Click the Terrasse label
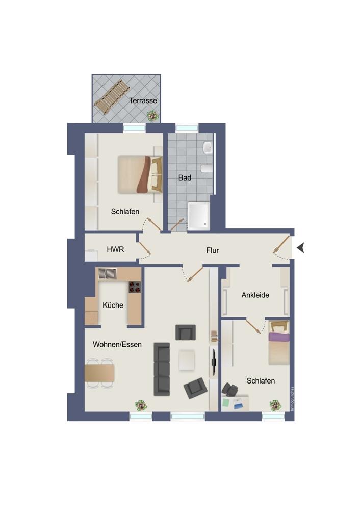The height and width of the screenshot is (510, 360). tap(143, 100)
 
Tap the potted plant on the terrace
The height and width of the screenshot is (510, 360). tap(152, 115)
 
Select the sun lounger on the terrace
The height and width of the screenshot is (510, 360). tap(112, 96)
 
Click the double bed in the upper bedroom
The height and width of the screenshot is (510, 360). tap(140, 174)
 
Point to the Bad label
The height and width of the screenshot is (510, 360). tap(185, 177)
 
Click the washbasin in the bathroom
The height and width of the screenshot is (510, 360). tap(208, 148)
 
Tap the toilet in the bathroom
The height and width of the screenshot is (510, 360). tap(207, 168)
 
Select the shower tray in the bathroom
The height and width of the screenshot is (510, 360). tap(199, 216)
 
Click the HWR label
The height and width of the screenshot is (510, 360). tap(115, 249)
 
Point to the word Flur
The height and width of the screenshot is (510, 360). tap(212, 250)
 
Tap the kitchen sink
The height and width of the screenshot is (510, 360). tap(107, 274)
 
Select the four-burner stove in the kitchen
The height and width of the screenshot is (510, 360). tap(135, 287)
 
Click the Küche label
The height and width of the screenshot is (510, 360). tap(113, 305)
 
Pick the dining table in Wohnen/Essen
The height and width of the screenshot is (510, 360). tap(99, 373)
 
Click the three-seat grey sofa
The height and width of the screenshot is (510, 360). tap(162, 369)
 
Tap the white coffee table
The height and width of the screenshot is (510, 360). tap(187, 360)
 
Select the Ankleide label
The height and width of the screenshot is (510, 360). tap(255, 295)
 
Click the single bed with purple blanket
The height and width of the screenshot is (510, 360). tap(279, 343)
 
